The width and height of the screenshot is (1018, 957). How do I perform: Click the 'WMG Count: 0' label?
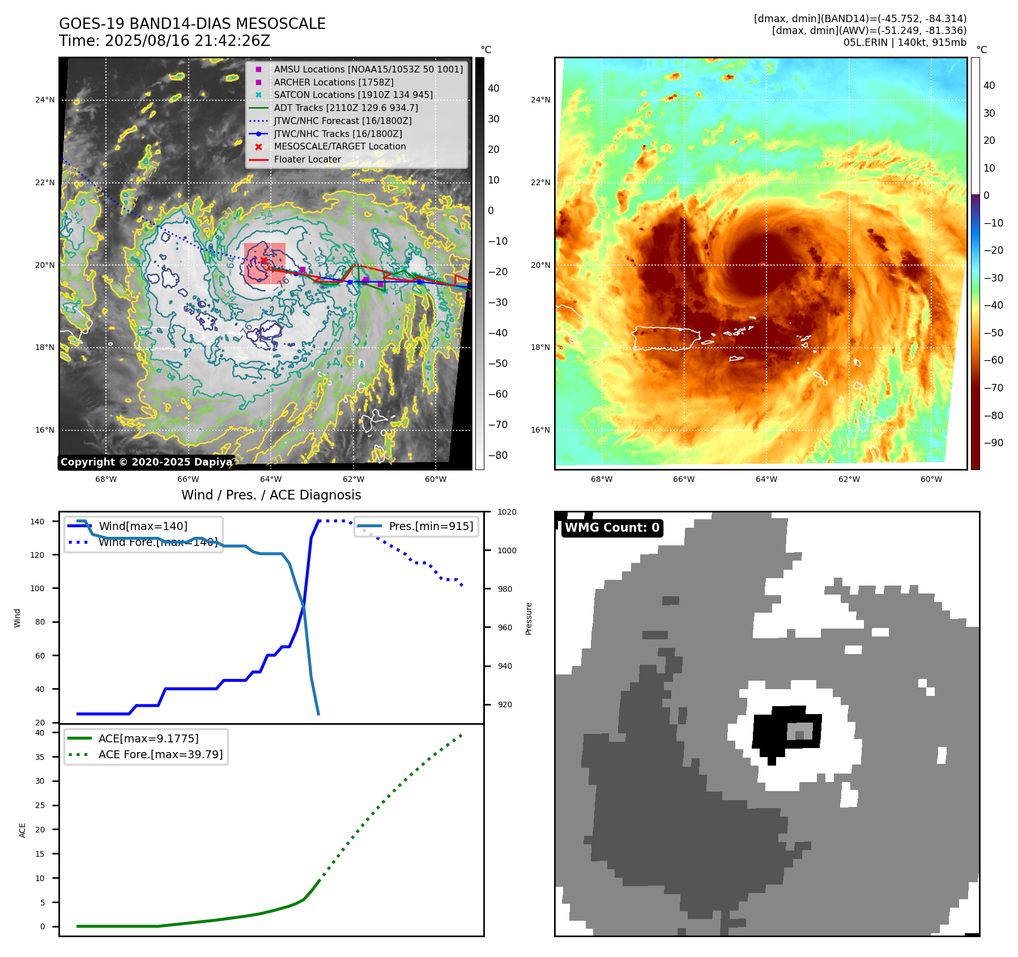(612, 528)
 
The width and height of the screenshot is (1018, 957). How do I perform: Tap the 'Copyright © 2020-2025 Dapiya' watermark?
(146, 462)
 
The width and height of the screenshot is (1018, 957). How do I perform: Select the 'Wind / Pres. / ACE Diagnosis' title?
(271, 495)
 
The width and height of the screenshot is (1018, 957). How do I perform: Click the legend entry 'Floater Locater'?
(307, 160)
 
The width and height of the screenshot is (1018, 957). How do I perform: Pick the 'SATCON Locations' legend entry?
(353, 95)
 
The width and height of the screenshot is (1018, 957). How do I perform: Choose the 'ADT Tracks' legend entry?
(346, 108)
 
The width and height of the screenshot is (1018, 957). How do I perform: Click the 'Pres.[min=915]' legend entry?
(431, 526)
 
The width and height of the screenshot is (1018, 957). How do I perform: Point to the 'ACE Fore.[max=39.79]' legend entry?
(160, 754)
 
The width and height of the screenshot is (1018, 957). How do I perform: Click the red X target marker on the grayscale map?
(263, 260)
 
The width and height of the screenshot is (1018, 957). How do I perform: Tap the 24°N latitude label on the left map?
(45, 100)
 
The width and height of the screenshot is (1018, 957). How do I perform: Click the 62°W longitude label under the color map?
(849, 479)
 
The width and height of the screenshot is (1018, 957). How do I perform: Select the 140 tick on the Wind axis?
(37, 522)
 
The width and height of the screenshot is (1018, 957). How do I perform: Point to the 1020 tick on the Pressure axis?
(506, 512)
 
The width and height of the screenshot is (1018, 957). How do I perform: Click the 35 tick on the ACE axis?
(40, 757)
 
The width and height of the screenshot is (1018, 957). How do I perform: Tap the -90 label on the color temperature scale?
(993, 443)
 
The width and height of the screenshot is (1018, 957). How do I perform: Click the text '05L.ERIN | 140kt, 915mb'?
(905, 42)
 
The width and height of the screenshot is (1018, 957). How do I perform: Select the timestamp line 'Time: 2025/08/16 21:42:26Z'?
(164, 41)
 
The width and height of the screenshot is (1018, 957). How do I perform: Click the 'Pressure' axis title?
(529, 618)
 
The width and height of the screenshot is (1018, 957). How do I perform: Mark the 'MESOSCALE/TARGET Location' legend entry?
(339, 147)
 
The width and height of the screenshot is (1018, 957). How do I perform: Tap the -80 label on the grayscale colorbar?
(498, 455)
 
